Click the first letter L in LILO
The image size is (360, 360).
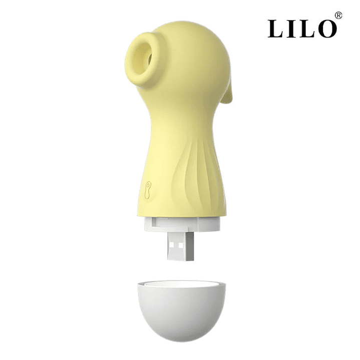275,29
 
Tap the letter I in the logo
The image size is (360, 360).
290,29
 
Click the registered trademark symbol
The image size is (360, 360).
338,16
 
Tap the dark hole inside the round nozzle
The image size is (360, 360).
150,58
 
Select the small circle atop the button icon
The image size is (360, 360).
148,184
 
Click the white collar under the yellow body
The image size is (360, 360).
182,224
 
